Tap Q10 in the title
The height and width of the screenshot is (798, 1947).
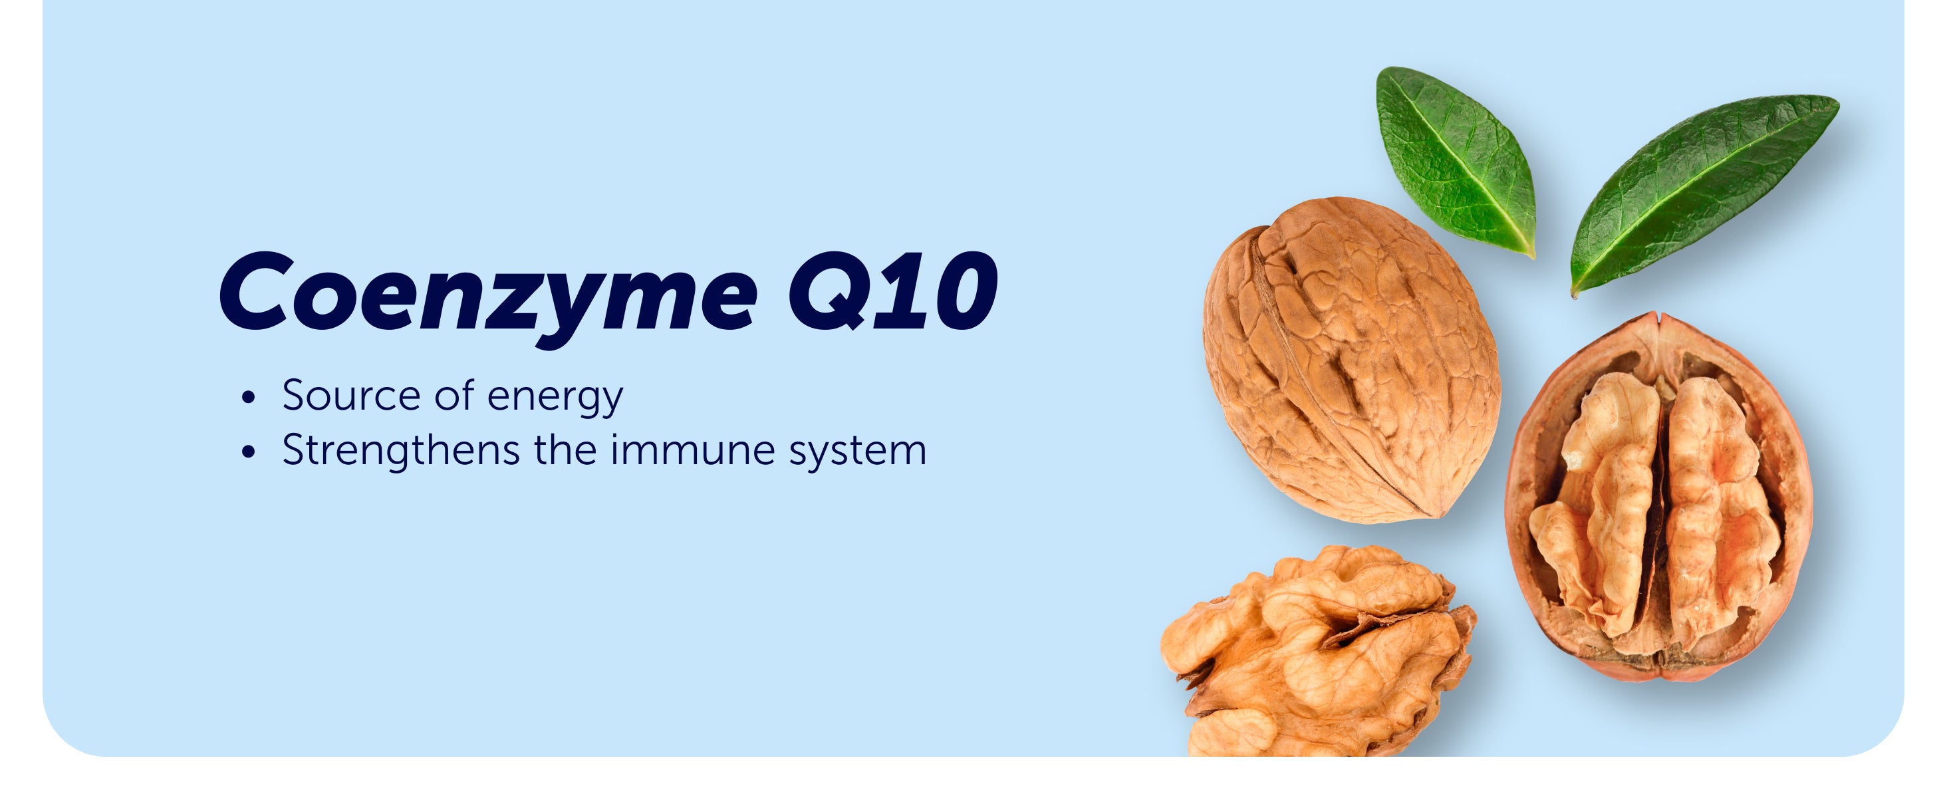[892, 292]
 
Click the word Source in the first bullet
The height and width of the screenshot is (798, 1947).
[352, 395]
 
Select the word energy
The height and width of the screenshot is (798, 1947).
[555, 398]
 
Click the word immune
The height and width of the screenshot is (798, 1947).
[693, 450]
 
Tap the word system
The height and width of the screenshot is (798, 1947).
[858, 453]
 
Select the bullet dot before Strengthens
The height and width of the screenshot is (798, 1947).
[249, 453]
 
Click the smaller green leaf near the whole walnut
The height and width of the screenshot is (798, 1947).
[1455, 160]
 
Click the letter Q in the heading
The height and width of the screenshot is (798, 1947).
[830, 292]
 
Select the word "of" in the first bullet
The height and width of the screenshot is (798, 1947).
[454, 395]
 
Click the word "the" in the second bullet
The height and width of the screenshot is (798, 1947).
[565, 450]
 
